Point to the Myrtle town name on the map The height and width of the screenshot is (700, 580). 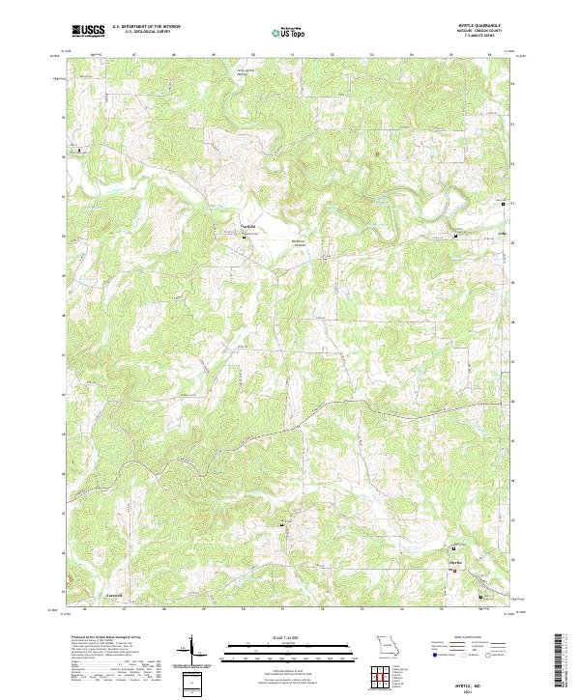(x=457, y=562)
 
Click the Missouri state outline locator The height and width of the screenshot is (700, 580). (x=386, y=646)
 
